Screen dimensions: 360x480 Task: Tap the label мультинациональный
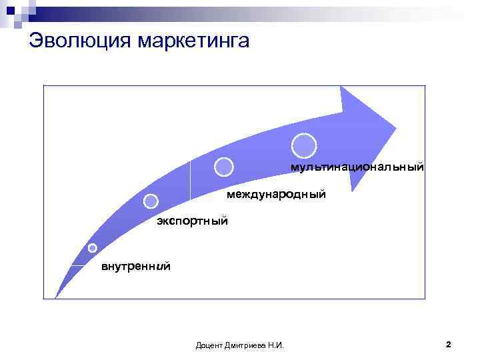(357, 167)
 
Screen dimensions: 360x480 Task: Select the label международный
(276, 195)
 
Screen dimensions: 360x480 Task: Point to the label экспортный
(192, 221)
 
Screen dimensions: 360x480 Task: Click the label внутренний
(135, 267)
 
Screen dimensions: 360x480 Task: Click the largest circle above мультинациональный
(304, 145)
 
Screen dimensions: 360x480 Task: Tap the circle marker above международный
(224, 167)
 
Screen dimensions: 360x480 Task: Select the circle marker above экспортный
(151, 201)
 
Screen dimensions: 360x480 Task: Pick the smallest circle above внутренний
(93, 248)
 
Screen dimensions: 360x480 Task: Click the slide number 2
(448, 345)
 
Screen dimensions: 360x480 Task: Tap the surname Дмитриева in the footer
(246, 345)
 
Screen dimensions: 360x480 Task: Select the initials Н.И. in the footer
(275, 345)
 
